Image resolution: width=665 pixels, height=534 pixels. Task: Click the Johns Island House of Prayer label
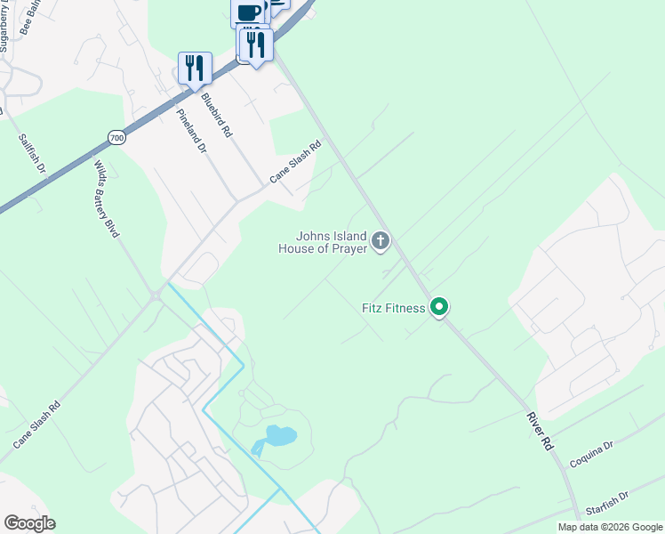tap(331, 242)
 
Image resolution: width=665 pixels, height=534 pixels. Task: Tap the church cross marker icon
tap(381, 240)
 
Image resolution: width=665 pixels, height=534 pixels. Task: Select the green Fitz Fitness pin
tap(438, 307)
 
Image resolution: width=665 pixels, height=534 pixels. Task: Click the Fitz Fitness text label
tap(393, 309)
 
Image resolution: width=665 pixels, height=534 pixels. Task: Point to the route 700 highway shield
tap(116, 137)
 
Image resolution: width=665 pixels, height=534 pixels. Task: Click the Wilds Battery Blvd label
tap(106, 198)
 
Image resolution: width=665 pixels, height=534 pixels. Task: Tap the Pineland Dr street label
tap(191, 131)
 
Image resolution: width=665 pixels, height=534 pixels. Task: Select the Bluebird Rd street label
tap(216, 115)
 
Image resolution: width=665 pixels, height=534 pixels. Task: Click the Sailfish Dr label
tap(31, 154)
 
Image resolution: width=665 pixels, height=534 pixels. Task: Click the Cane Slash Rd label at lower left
tap(36, 425)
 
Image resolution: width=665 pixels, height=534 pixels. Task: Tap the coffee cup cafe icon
tap(250, 12)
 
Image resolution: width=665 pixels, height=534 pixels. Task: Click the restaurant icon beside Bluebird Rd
tap(195, 68)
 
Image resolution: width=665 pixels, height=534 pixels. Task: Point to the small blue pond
tap(279, 436)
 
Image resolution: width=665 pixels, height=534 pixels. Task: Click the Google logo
tap(29, 523)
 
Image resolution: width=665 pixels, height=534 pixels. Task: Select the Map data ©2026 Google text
tap(610, 527)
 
